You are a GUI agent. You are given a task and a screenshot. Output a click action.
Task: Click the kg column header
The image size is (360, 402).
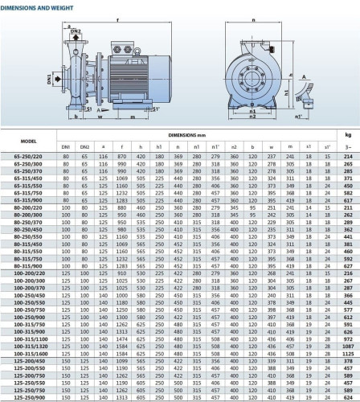coord(348,137)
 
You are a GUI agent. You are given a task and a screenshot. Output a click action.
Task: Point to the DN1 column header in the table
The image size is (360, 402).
coord(66,148)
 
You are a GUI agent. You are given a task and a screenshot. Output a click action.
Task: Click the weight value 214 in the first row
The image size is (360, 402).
coord(348,155)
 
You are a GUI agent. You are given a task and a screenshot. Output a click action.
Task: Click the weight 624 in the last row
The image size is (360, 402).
coord(348,396)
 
